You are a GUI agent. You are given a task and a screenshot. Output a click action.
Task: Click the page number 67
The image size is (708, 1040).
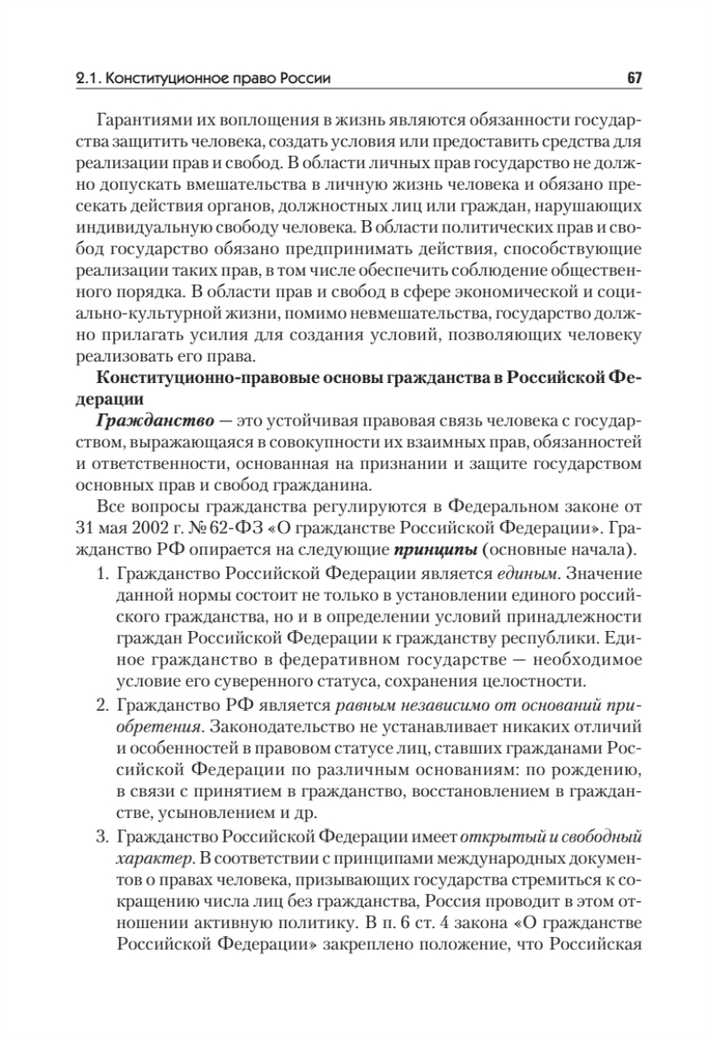633,80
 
